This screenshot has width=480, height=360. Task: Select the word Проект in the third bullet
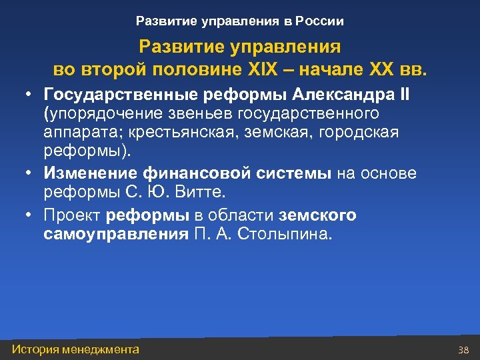point(72,215)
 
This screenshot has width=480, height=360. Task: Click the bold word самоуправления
point(116,234)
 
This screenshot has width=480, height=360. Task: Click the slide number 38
point(464,350)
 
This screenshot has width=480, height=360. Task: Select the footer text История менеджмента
point(76,349)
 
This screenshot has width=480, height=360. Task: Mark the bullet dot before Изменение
point(30,173)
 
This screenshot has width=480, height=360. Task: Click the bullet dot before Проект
point(30,215)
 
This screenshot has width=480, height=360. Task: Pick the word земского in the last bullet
point(318,215)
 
